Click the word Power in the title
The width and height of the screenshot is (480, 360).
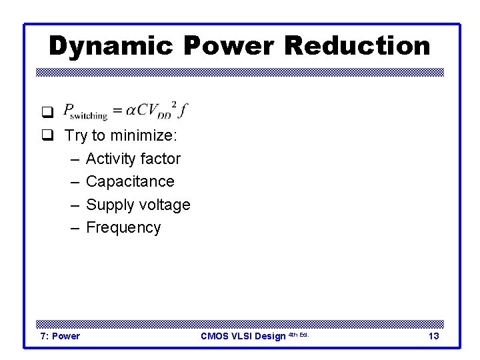click(x=227, y=46)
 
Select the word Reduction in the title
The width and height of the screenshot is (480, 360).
click(x=357, y=46)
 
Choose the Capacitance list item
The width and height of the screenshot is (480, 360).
click(x=130, y=181)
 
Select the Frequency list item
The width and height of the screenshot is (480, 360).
click(x=123, y=227)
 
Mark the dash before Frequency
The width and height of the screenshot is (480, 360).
click(x=74, y=227)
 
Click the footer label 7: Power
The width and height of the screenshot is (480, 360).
click(x=60, y=336)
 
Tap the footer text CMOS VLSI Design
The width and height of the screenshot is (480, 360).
click(x=243, y=336)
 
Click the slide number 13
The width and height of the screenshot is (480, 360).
click(x=433, y=336)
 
